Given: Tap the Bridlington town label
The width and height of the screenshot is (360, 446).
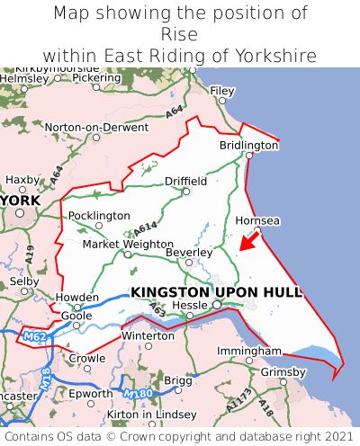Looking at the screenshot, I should click(249, 145).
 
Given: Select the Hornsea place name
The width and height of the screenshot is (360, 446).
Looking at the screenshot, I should click(257, 220).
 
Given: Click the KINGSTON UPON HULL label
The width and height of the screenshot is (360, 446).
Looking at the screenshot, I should click(216, 292).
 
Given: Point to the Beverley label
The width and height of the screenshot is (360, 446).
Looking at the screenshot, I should click(188, 253).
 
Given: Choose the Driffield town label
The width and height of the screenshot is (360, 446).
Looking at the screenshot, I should click(185, 181).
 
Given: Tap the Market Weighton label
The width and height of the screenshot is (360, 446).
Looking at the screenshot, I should click(127, 244).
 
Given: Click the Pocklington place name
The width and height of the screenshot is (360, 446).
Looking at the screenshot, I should click(99, 216).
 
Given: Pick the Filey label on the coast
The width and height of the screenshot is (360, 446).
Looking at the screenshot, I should click(221, 91).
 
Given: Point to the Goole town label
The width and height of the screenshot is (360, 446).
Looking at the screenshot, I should click(76, 317).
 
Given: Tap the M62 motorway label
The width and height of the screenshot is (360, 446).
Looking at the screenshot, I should click(33, 337).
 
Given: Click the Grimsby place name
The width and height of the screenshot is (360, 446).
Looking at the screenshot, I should click(283, 371).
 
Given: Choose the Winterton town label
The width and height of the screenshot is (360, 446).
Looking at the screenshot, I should click(148, 335).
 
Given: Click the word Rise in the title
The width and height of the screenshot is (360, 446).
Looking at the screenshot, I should click(180, 35).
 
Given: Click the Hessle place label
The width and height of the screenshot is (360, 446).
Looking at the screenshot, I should click(190, 306).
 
